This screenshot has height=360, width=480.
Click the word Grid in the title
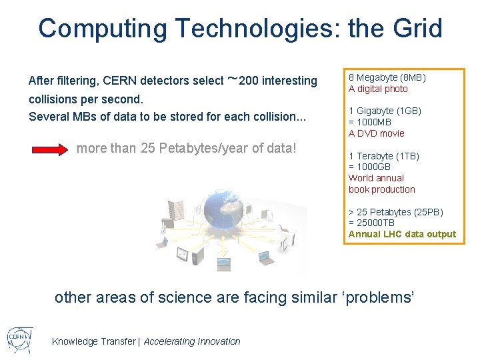pos(418,29)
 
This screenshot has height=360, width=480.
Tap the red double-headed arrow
pos(52,149)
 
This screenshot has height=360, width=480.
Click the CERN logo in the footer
pos(18,340)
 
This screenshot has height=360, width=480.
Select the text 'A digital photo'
pos(378,89)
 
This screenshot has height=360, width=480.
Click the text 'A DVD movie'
pos(376,133)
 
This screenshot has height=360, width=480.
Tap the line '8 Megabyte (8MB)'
pos(387,77)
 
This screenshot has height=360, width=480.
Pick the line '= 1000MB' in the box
pos(369,122)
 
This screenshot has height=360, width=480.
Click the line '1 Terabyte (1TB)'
pos(383,156)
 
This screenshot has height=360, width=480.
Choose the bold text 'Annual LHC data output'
pos(402,234)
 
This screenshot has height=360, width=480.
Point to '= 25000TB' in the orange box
pos(371,223)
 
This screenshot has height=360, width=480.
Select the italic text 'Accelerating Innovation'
pos(192,341)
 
